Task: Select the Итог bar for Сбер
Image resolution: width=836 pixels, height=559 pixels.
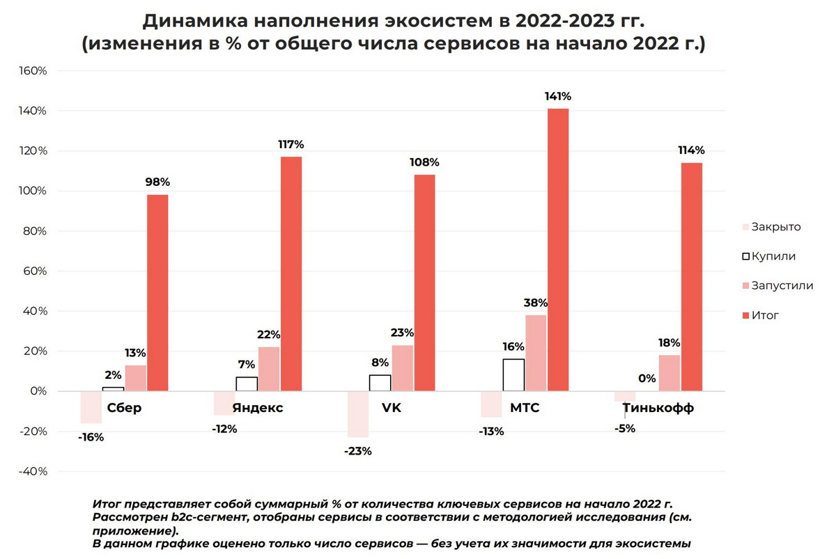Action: [x=157, y=292]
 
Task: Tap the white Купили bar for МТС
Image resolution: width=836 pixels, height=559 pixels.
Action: [x=513, y=375]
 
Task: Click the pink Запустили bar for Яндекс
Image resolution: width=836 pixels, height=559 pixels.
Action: [x=269, y=369]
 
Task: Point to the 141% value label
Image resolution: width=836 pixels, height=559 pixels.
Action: [x=558, y=96]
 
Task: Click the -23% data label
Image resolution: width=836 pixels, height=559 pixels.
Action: [x=358, y=451]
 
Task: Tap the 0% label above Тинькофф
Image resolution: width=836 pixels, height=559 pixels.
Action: [x=647, y=379]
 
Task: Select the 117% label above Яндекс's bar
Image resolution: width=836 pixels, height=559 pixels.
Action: [x=291, y=145]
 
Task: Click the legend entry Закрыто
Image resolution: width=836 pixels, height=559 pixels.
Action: [x=776, y=227]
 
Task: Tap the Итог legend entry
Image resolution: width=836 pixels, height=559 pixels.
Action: [x=765, y=315]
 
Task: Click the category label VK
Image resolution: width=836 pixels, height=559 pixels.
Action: [x=392, y=408]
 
